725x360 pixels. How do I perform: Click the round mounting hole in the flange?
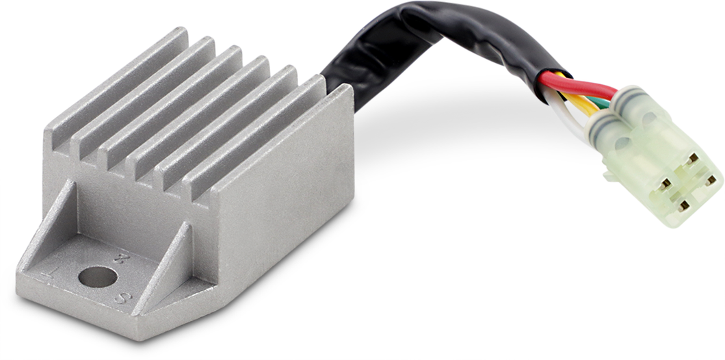point(97,277)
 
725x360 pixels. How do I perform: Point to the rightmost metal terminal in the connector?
point(711,181)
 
